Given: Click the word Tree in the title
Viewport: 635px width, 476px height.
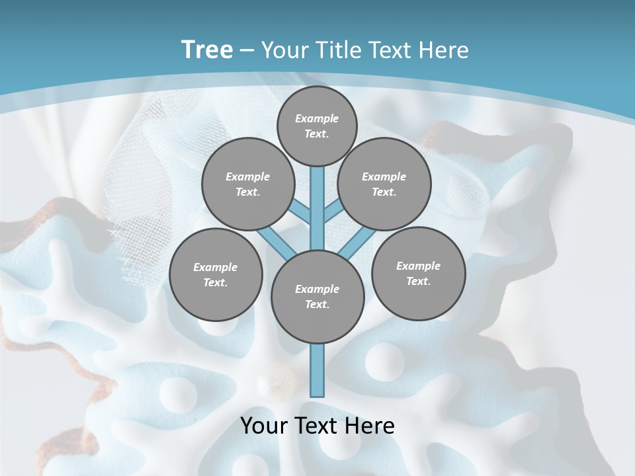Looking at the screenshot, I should pos(206,50).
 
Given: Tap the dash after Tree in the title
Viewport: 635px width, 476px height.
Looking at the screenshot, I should pos(247,51).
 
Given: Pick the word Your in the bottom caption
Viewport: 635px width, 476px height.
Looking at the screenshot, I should pos(265,426).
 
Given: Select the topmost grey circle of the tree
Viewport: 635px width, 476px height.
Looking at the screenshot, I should pos(317,126).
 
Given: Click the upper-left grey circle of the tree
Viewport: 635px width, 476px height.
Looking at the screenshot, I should pos(247,184).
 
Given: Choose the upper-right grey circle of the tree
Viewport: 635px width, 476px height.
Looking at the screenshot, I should pos(384,184).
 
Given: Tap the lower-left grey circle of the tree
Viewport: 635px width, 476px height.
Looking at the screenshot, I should pos(216,274).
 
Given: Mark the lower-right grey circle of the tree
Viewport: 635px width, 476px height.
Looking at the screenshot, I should pos(418,273).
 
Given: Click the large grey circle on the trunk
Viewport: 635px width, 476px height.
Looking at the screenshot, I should pos(317,296).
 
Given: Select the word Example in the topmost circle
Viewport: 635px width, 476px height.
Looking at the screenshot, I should pos(317,118).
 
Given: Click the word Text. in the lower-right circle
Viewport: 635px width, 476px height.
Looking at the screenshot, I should pos(418,281).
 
